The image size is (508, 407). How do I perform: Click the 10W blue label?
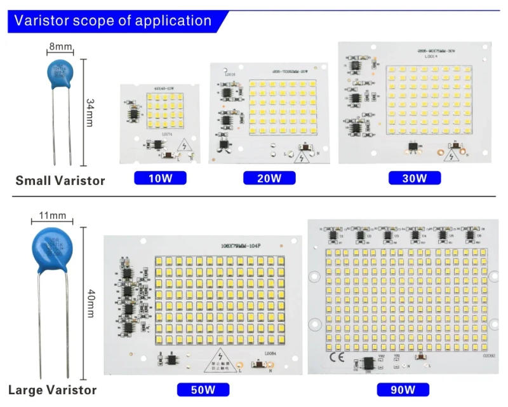160,178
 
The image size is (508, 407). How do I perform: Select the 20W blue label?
269,178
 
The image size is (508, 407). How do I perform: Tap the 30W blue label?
415,178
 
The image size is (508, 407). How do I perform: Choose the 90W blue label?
402,390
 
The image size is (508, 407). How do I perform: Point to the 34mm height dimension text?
90,112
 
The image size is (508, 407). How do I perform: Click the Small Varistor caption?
60,181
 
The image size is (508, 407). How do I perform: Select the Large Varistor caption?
53,390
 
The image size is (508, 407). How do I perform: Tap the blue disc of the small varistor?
61,73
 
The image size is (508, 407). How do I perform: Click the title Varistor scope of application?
113,20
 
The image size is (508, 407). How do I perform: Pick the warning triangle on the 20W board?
304,156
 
